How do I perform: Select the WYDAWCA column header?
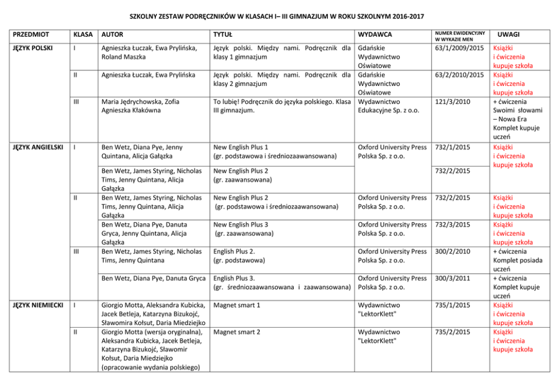[375, 35]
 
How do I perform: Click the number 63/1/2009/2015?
[460, 48]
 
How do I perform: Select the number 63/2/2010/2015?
[460, 75]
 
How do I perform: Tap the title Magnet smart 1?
[237, 305]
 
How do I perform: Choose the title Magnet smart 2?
[237, 332]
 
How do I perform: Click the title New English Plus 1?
[241, 147]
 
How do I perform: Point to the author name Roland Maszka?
[126, 57]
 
